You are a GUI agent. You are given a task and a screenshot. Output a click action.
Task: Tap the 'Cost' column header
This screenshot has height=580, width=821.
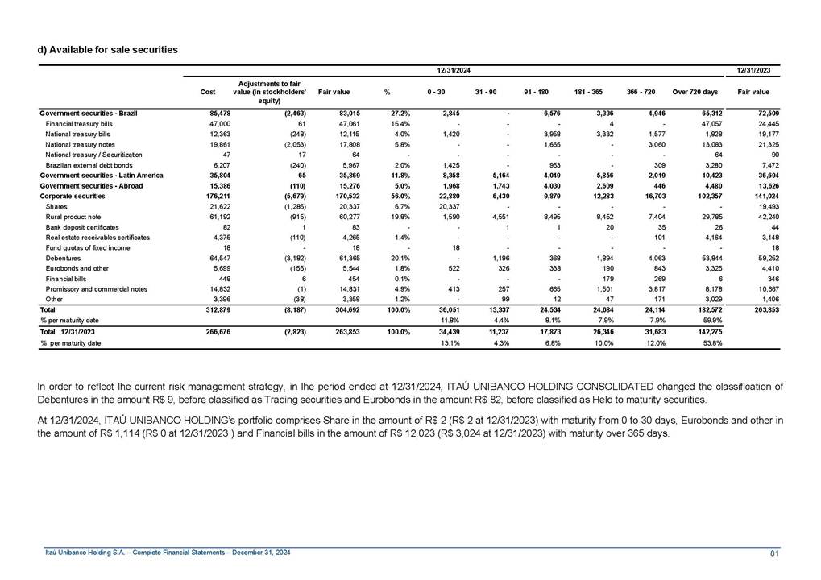(208, 93)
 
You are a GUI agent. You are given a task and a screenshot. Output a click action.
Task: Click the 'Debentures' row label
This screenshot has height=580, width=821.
(63, 258)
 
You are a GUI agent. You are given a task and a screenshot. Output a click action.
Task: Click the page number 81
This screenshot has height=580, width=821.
(775, 552)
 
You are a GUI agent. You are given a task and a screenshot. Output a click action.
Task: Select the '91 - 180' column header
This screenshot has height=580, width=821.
(536, 93)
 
